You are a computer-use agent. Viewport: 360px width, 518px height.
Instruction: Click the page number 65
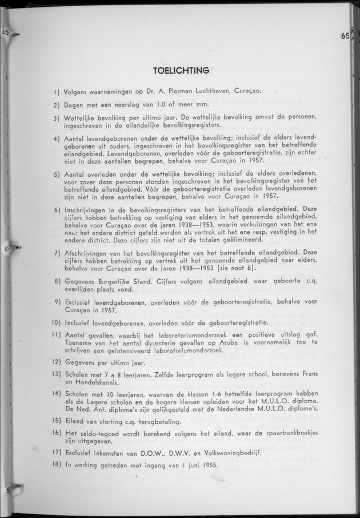(344, 35)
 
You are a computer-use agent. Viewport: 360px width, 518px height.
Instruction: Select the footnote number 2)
(57, 105)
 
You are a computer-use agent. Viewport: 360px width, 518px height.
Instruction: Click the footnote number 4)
(57, 139)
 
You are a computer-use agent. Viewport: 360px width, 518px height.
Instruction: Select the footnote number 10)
(57, 322)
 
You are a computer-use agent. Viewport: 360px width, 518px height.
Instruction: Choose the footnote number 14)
(57, 395)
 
